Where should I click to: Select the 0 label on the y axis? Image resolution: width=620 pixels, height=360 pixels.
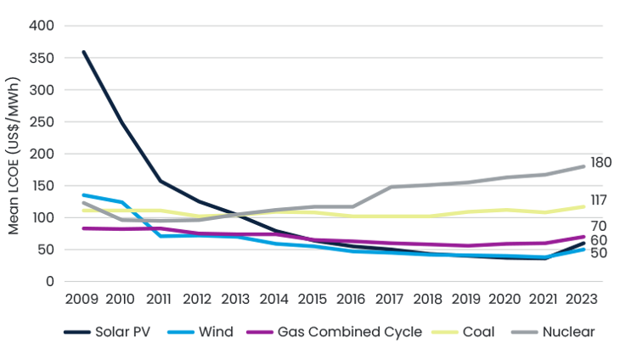tap(51, 281)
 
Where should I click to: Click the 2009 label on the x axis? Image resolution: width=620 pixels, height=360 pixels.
tap(82, 299)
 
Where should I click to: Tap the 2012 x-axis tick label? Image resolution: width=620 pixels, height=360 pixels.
tap(196, 299)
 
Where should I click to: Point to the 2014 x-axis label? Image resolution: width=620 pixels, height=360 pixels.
tap(273, 299)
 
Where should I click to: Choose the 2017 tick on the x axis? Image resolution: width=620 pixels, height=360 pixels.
tap(388, 299)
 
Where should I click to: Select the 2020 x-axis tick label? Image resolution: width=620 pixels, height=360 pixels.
tap(504, 299)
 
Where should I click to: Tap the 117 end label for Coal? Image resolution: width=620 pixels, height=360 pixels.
tap(600, 202)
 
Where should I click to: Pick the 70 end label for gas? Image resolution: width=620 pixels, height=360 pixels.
tap(600, 228)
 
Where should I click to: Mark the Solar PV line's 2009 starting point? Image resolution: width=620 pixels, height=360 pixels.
tap(82, 52)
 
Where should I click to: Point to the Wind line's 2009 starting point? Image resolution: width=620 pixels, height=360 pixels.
tap(82, 195)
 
